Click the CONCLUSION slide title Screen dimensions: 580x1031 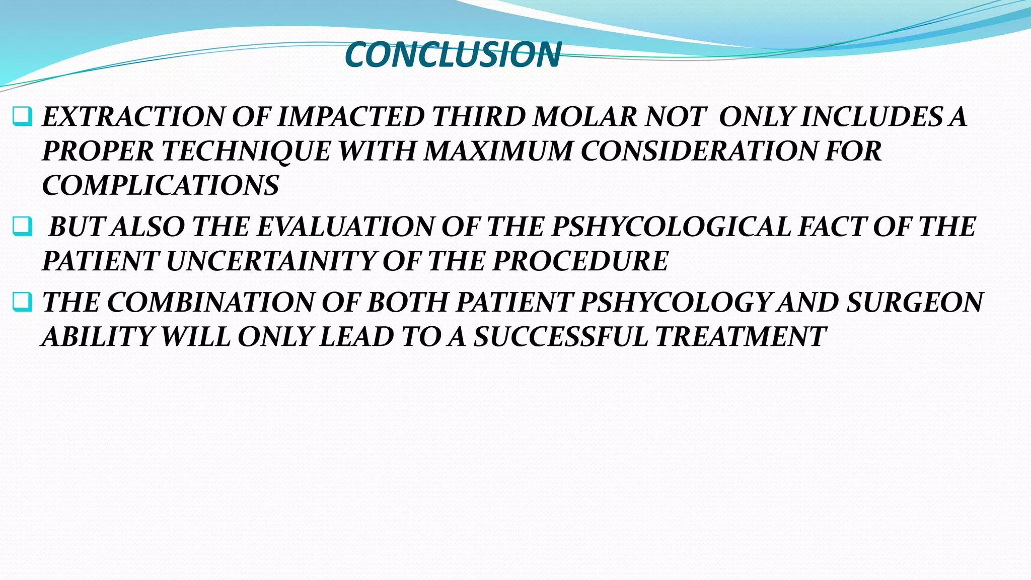pos(453,54)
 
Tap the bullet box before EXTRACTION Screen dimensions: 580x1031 pos(22,117)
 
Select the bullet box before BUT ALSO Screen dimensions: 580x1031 pos(22,227)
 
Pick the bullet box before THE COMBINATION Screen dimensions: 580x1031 pos(22,302)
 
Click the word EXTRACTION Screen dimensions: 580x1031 pos(133,117)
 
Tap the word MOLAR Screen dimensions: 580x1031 pos(585,117)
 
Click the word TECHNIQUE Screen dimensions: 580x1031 pos(246,151)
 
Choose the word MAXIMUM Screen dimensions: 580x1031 pos(498,151)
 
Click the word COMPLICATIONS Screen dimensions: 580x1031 pos(161,185)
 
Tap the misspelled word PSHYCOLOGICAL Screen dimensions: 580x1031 pos(672,227)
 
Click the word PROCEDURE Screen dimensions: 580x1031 pos(580,261)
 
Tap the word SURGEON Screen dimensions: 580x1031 pos(914,302)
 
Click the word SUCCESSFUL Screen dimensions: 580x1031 pos(560,336)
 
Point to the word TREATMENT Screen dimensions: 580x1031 pos(741,336)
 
